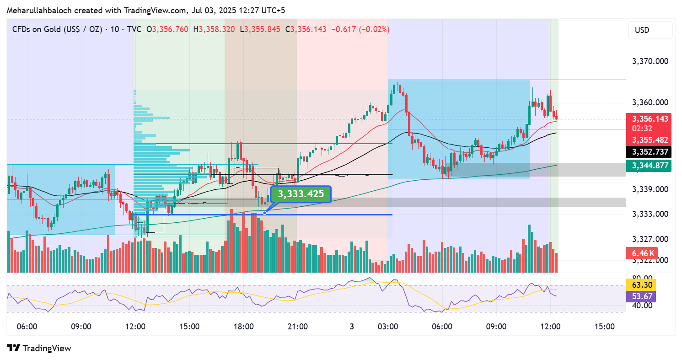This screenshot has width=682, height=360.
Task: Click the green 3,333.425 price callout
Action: (x=301, y=194)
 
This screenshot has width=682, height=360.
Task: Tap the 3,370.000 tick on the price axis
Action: (x=649, y=61)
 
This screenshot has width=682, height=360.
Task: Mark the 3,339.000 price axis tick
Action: (x=649, y=189)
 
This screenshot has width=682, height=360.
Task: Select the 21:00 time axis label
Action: (x=297, y=327)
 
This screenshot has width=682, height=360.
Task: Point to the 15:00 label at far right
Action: (x=604, y=327)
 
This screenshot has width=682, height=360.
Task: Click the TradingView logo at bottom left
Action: (x=39, y=348)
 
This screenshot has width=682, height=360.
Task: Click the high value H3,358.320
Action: (x=214, y=29)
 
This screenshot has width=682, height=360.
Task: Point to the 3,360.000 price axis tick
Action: (x=649, y=102)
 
